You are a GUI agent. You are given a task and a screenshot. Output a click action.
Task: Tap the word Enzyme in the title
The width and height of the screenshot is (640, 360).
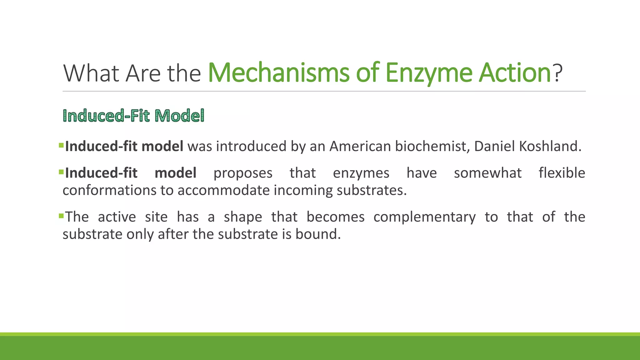tap(428, 73)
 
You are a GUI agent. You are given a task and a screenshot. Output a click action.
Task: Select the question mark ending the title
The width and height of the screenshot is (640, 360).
tap(557, 73)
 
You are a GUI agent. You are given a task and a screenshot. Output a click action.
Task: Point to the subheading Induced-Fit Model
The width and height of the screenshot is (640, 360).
tap(133, 116)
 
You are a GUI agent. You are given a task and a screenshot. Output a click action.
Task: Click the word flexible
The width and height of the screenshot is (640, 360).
tap(562, 173)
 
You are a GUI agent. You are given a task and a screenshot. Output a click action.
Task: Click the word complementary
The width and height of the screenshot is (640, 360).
tap(424, 217)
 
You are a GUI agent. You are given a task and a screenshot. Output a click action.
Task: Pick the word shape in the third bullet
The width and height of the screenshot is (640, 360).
tap(243, 217)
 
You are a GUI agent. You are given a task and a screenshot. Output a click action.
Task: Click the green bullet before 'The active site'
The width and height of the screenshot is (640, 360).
tap(61, 215)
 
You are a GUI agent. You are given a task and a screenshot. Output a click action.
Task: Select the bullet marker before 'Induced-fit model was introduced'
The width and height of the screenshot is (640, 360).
tap(61, 145)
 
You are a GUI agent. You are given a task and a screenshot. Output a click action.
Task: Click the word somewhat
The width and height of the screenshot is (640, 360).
tap(487, 173)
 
